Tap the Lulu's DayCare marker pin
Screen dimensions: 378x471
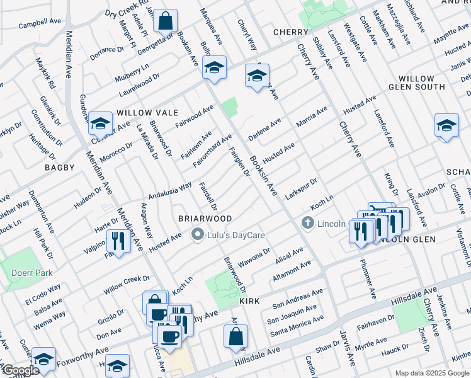pos(196,235)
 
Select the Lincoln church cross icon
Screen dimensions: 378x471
pos(307,223)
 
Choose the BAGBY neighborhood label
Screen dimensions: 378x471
pos(60,168)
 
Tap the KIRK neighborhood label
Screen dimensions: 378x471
pos(249,302)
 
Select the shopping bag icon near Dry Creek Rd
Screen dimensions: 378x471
pos(165,21)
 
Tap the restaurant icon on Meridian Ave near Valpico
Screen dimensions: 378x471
pos(117,241)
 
